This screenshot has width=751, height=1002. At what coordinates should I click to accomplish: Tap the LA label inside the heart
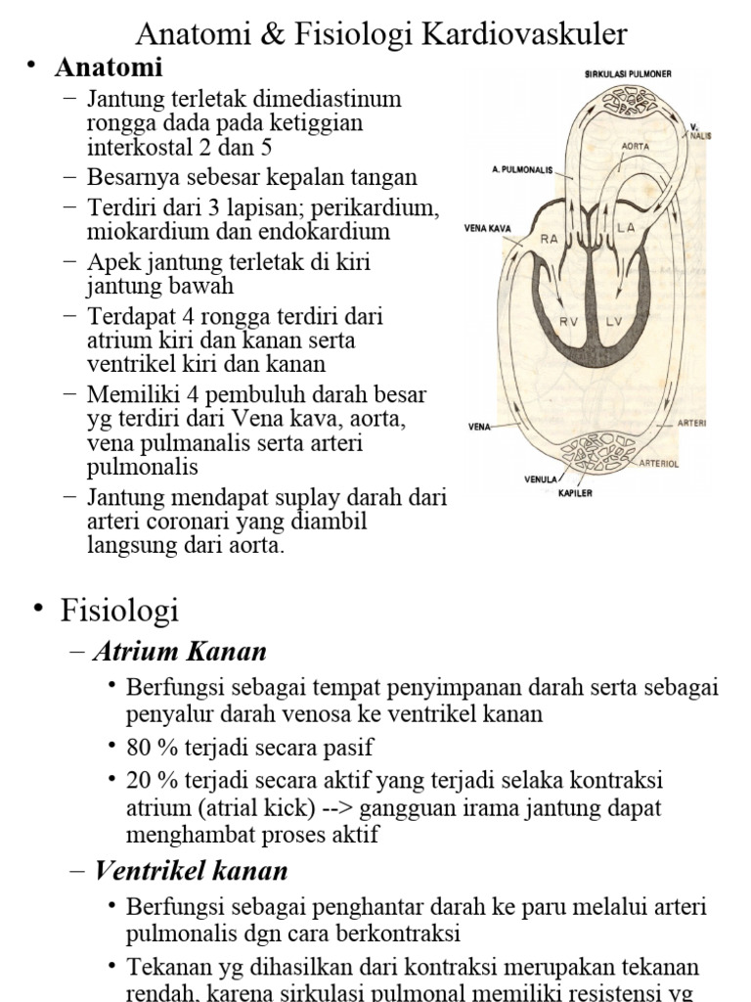click(627, 227)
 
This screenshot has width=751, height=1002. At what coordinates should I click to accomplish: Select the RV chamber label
click(569, 321)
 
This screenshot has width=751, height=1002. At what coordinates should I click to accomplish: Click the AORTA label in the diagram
click(636, 145)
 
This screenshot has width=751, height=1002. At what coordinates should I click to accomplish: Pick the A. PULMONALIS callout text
click(522, 168)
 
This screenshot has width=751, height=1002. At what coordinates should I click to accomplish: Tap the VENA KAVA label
click(488, 232)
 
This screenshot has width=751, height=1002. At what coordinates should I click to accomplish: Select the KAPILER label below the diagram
click(575, 492)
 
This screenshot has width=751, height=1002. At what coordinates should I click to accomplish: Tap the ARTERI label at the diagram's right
click(691, 424)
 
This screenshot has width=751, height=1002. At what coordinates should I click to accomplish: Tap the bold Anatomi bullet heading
click(109, 68)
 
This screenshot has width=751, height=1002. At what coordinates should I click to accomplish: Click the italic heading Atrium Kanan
click(180, 652)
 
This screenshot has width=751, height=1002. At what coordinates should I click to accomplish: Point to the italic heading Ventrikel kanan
click(191, 870)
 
